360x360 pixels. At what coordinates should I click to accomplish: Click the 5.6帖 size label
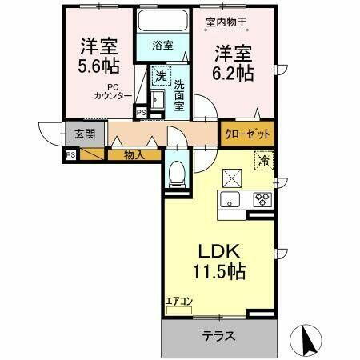[x=96, y=66]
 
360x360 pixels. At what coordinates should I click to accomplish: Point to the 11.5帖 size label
[x=218, y=270]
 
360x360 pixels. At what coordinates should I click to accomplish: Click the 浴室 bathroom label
[x=162, y=46]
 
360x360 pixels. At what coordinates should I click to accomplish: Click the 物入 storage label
[x=134, y=154]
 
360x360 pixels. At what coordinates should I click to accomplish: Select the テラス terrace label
[x=218, y=336]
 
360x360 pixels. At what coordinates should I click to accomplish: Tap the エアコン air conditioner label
[x=179, y=302]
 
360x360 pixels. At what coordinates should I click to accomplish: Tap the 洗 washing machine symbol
[x=161, y=77]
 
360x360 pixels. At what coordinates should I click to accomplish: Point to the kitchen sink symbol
[x=230, y=200]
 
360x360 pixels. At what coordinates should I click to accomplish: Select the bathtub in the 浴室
[x=162, y=22]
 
